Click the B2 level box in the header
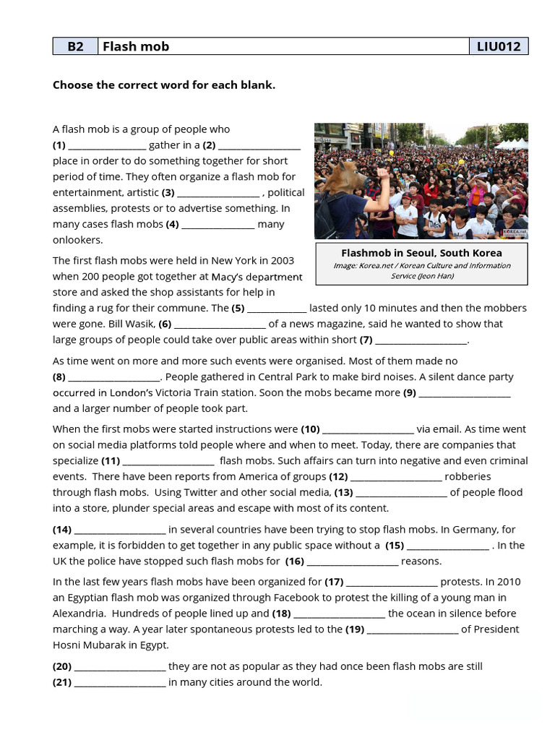pyautogui.click(x=75, y=46)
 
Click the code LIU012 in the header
pyautogui.click(x=499, y=46)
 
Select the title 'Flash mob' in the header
pyautogui.click(x=136, y=46)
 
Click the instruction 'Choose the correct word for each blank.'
pyautogui.click(x=164, y=85)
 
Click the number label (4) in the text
pyautogui.click(x=172, y=224)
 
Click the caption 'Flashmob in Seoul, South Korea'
pyautogui.click(x=421, y=253)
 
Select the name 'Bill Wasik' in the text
pyautogui.click(x=131, y=324)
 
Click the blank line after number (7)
pyautogui.click(x=421, y=340)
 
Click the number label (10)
pyautogui.click(x=310, y=429)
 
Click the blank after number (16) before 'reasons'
pyautogui.click(x=352, y=562)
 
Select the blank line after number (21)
pyautogui.click(x=120, y=683)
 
